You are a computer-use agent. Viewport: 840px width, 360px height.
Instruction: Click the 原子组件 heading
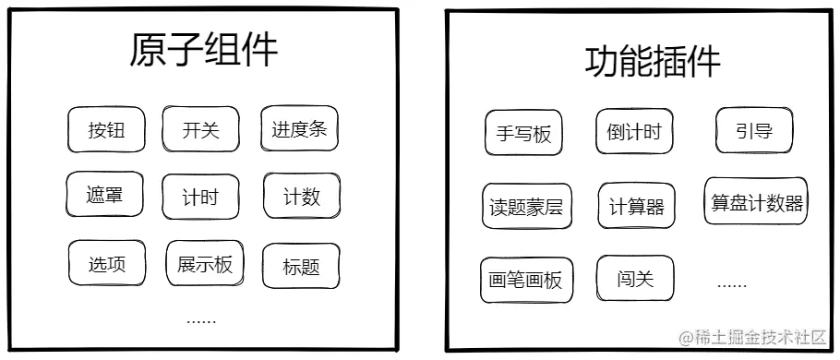point(203,50)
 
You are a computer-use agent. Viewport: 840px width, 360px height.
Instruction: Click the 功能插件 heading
point(652,61)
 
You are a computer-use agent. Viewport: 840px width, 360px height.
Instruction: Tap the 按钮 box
point(106,130)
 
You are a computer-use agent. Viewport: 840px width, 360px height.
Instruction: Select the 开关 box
point(200,129)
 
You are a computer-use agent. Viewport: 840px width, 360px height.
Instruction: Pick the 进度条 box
point(299,128)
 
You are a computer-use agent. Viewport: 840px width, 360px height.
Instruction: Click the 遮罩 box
point(105,195)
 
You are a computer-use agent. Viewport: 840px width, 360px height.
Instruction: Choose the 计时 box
point(199,197)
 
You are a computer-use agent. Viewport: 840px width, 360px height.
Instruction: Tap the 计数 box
point(301,196)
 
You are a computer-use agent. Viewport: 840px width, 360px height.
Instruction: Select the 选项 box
point(106,264)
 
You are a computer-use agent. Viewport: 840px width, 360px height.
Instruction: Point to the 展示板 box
point(205,264)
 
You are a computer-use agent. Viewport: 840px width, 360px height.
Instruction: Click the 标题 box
point(301,267)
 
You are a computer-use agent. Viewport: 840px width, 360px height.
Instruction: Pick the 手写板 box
point(523,133)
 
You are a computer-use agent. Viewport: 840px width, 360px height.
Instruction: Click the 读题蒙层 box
point(526,207)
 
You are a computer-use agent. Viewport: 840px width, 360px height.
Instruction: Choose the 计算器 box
point(636,206)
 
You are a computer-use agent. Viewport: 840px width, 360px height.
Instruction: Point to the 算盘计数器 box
point(756,202)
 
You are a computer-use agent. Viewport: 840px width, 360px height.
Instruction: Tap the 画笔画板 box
point(526,280)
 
